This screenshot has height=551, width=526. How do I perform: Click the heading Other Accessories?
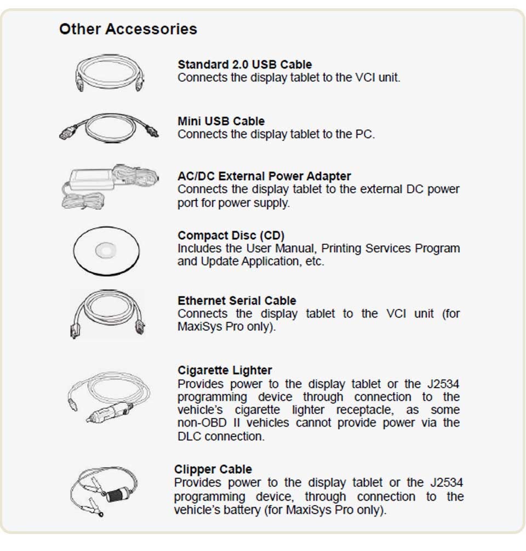coord(128,29)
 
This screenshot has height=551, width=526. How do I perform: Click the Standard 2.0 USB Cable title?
coord(244,65)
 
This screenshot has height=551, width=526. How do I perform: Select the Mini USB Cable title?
coord(221,121)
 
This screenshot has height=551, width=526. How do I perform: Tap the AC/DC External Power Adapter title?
coord(264,176)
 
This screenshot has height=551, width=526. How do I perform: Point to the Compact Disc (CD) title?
coord(231,236)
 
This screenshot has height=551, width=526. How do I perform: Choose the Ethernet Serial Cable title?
coord(237,301)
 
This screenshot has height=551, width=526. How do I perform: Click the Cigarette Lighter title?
coord(225,370)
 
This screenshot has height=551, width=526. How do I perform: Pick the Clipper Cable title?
coord(213,469)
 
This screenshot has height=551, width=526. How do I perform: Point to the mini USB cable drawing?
coord(110,129)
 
